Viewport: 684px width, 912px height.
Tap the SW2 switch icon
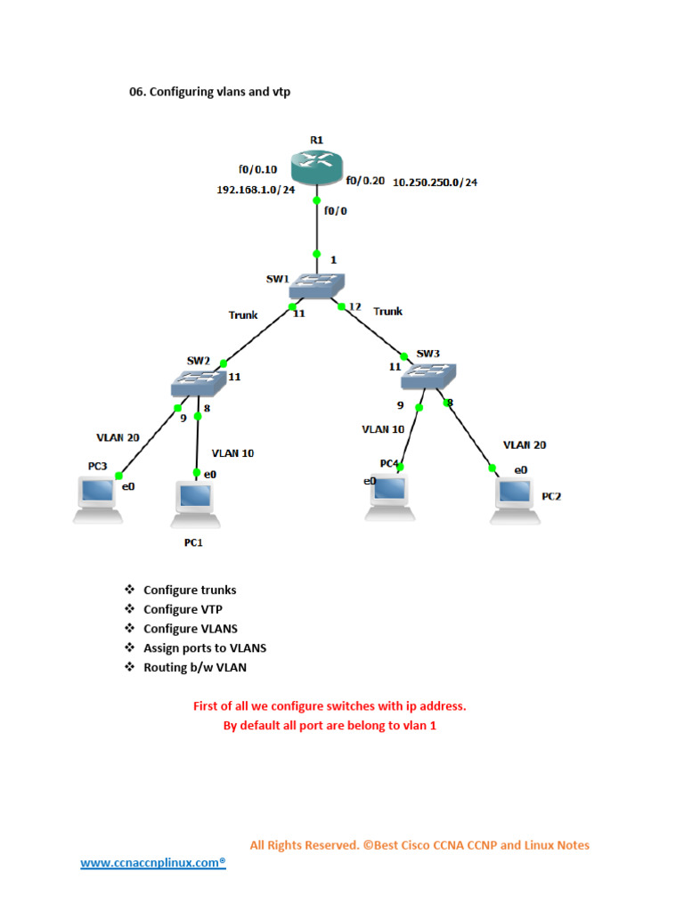click(198, 384)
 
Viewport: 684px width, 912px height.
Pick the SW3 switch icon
click(428, 376)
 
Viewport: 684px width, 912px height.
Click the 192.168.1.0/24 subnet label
click(256, 190)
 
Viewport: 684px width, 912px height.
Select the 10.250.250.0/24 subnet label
click(435, 183)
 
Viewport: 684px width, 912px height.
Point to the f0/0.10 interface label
click(257, 169)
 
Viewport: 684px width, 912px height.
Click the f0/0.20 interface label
click(365, 180)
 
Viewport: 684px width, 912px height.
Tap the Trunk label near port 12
click(387, 311)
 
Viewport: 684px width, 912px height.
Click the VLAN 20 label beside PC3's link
click(118, 437)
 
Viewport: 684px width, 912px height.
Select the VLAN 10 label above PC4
click(383, 428)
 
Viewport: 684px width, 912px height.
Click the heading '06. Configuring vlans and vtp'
click(210, 91)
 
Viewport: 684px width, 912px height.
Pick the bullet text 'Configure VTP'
click(184, 609)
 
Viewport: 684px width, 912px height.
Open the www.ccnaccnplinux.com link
click(153, 863)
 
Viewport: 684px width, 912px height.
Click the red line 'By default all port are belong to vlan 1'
click(330, 725)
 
